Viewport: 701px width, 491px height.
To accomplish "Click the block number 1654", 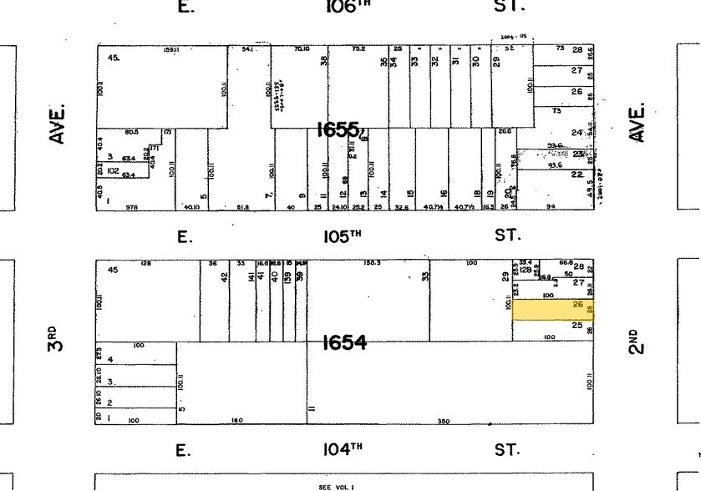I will point(344,342).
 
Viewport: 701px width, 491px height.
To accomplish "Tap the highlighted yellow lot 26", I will point(552,309).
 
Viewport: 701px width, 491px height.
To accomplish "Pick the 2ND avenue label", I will point(638,342).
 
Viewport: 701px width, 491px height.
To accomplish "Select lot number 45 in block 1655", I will point(114,58).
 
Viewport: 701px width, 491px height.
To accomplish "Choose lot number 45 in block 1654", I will point(113,270).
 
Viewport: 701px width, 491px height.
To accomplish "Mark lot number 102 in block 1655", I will point(114,170).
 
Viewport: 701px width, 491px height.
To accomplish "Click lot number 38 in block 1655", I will point(323,61).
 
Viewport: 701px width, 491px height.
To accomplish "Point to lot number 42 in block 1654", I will point(224,276).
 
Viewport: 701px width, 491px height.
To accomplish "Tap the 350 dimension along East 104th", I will point(444,422).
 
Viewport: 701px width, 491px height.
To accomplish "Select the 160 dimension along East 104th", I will point(236,420).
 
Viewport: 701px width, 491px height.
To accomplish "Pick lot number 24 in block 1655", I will point(577,133).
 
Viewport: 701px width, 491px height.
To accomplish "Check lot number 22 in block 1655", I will point(577,174).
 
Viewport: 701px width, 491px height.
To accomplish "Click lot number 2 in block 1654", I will point(109,402).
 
